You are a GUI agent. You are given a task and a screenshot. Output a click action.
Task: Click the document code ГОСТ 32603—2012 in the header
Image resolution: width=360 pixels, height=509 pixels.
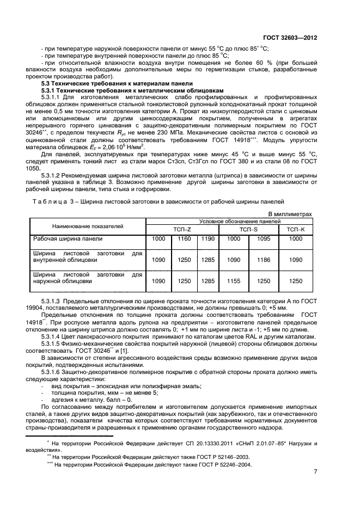pyautogui.click(x=289, y=38)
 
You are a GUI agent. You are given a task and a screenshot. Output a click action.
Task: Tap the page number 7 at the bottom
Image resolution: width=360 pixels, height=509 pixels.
pyautogui.click(x=315, y=471)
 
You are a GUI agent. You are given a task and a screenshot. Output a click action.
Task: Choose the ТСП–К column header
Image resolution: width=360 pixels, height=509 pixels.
pyautogui.click(x=296, y=229)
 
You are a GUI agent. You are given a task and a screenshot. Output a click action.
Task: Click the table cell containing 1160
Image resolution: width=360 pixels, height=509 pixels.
pyautogui.click(x=185, y=238)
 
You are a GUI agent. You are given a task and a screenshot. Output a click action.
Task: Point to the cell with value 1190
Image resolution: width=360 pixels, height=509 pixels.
pyautogui.click(x=208, y=238)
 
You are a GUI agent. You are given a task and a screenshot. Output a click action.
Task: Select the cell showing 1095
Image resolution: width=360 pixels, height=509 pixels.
pyautogui.click(x=264, y=238)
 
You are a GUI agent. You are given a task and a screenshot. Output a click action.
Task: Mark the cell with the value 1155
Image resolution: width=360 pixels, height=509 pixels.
pyautogui.click(x=233, y=281)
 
